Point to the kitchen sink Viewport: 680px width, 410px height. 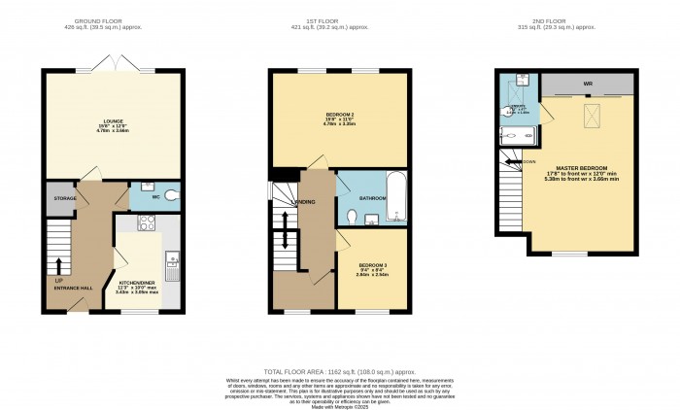point(170,259)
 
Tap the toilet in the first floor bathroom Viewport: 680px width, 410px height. point(352,216)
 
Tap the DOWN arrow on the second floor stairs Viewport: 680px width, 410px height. point(526,161)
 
